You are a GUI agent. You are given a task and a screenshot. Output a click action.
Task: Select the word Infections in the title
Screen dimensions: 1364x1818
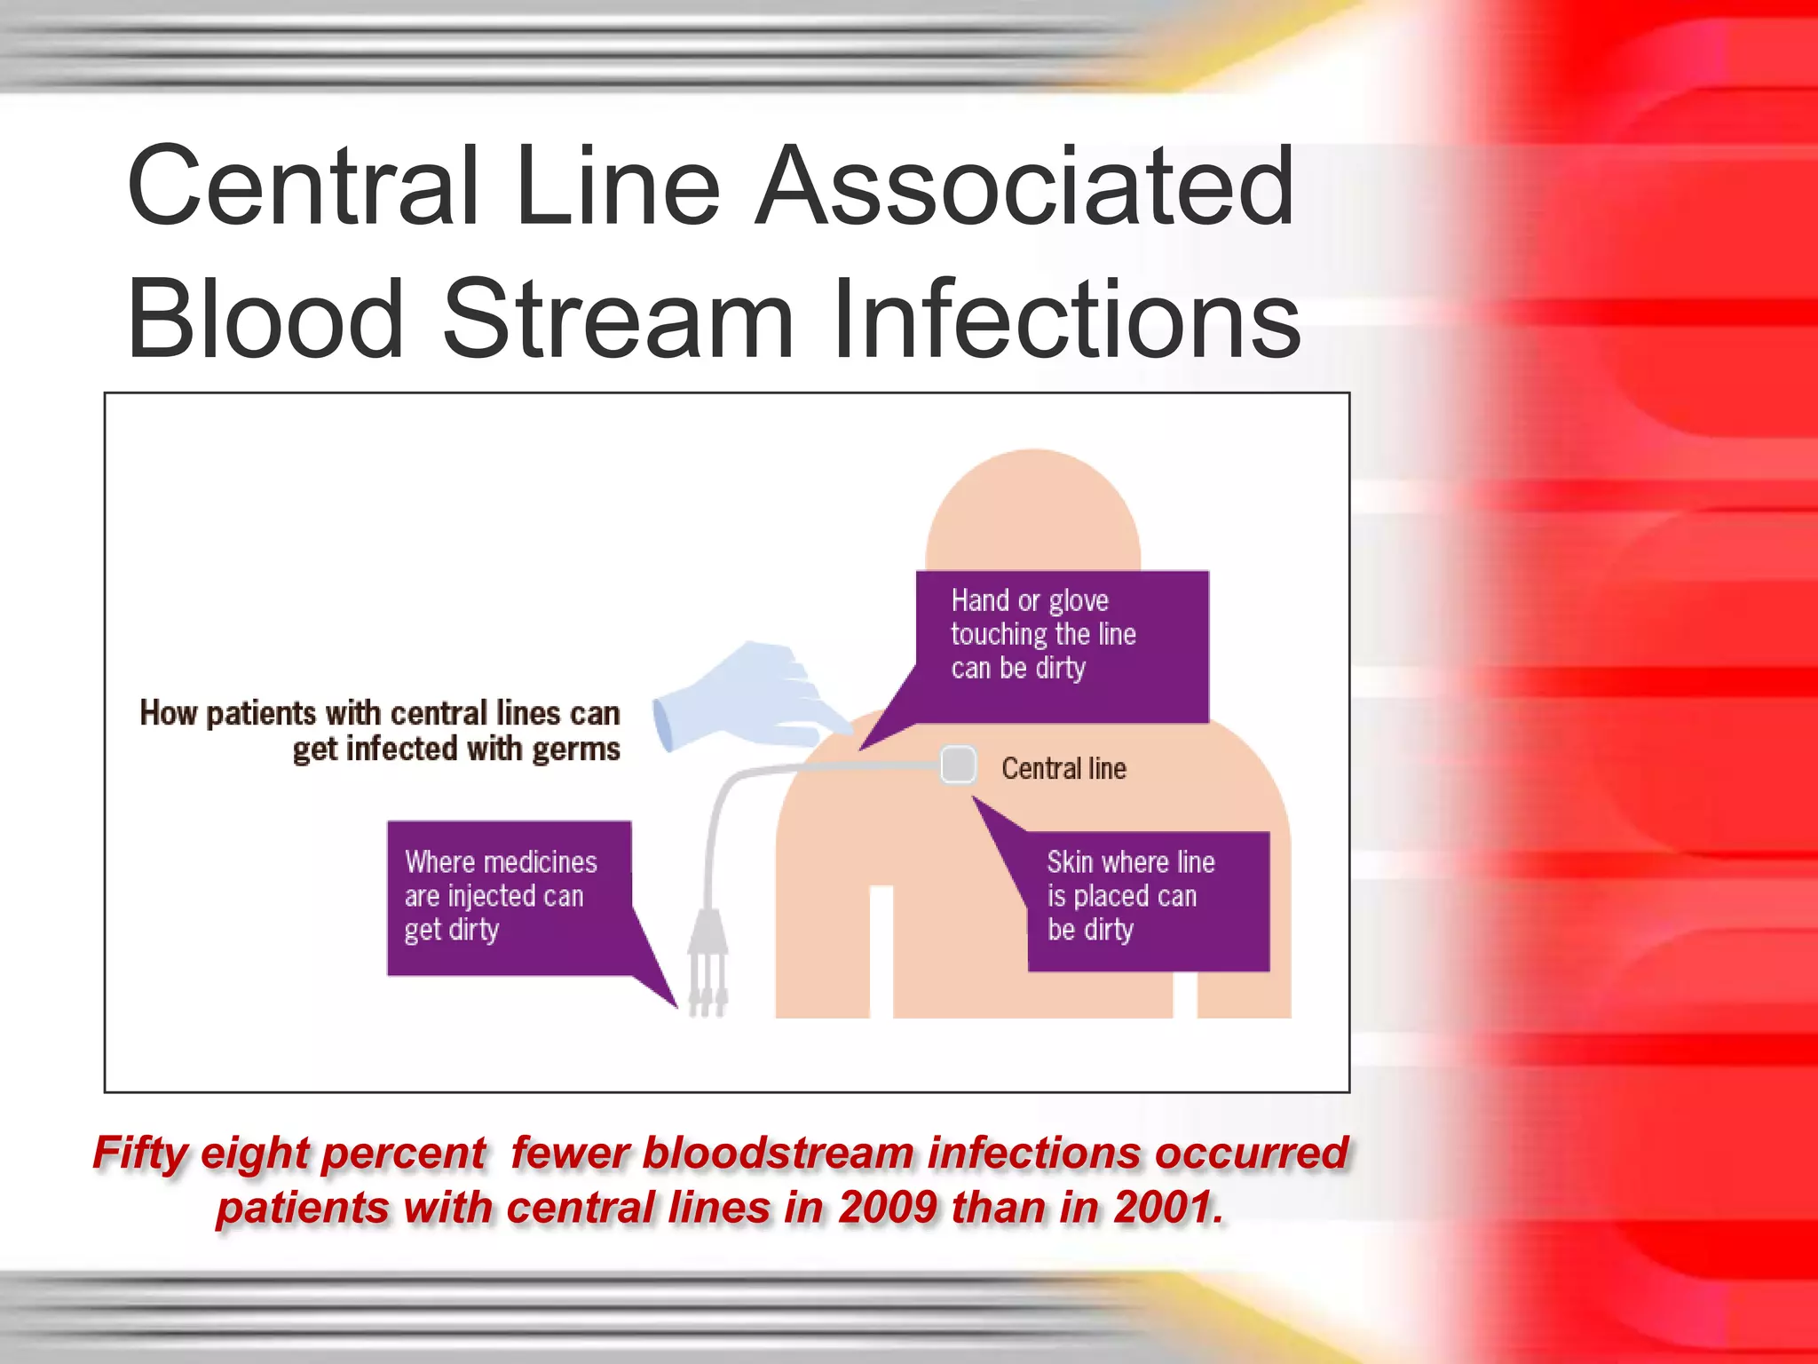coord(1065,320)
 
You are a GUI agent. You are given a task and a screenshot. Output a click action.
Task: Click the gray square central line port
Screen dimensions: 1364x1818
coord(958,765)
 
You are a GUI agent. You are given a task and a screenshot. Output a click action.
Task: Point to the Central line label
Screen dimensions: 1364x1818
coord(1063,769)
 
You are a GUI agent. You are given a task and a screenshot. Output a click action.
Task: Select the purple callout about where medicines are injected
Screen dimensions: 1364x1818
coord(508,897)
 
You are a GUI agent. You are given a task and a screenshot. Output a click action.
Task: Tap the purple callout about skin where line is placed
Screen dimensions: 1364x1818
coord(1147,899)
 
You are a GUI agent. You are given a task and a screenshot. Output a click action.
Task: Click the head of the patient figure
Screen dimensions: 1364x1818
coord(1032,515)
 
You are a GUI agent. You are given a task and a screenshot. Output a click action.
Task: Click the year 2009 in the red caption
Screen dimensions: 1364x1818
coord(888,1209)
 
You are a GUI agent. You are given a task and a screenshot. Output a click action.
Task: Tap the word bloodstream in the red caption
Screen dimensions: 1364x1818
coord(778,1154)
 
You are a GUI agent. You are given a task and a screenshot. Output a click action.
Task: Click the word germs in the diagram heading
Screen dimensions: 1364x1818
coord(575,750)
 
